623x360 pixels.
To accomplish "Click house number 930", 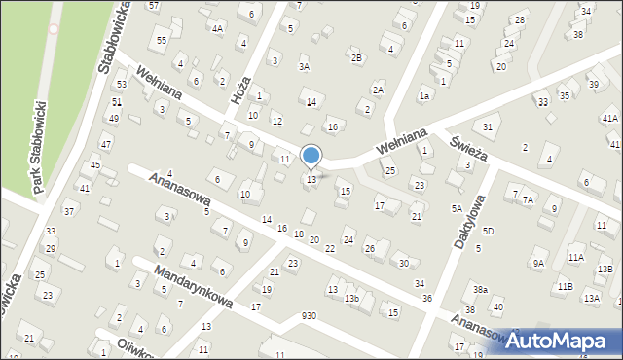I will point(309,316).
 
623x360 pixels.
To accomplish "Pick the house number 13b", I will point(351,299).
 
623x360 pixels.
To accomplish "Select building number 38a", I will point(480,290).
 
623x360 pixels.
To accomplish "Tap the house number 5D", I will point(488,231).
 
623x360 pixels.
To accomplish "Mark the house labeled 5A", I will point(456,208).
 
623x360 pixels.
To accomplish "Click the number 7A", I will point(528,199).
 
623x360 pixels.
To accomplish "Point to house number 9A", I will point(537,263).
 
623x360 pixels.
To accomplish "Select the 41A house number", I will point(609,118).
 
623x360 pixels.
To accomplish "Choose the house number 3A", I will point(304,67).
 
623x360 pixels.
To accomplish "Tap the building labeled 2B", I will point(356,58).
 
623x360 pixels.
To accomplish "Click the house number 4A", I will point(217,28).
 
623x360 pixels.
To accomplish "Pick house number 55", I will point(162,39).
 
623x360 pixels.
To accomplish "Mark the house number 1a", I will point(423,95).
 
